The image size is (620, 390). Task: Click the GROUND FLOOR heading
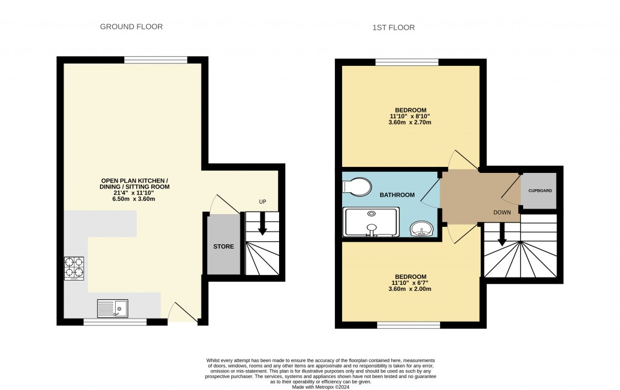(131, 27)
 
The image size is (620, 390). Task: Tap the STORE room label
(223, 247)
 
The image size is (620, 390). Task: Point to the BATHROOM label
(397, 195)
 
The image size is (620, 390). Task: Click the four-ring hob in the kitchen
(74, 269)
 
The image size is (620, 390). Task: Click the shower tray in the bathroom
(371, 221)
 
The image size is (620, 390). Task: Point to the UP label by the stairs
(263, 202)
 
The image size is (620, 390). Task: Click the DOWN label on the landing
(502, 212)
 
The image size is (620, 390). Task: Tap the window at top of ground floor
(156, 59)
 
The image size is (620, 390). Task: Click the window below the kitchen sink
(115, 322)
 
